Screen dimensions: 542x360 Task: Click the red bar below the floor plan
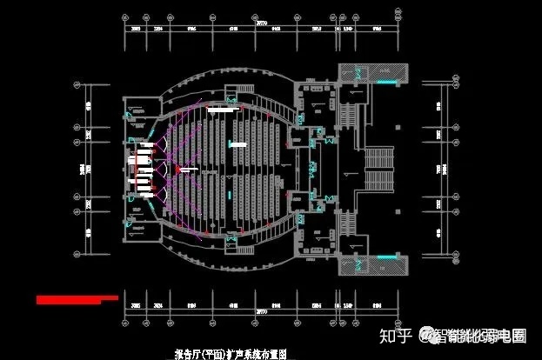pos(77,299)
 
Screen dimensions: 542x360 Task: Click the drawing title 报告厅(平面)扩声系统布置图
pos(230,354)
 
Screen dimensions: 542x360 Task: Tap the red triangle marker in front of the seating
pos(178,166)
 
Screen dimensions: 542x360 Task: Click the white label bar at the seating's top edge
pos(221,111)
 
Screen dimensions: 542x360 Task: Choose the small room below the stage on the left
pos(137,217)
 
